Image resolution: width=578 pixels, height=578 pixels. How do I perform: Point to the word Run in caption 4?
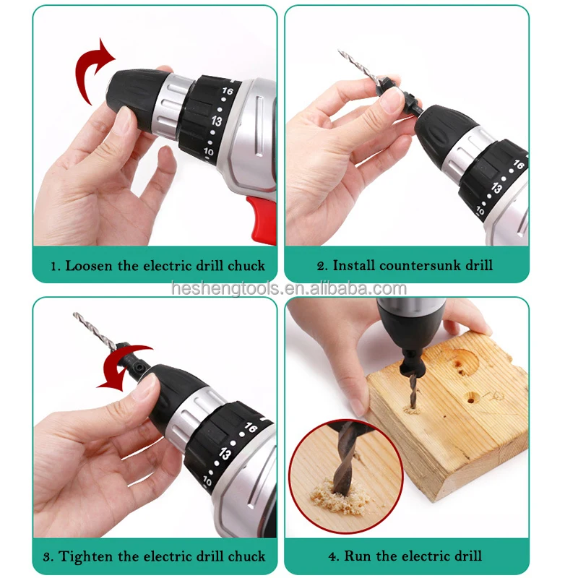[x=358, y=556]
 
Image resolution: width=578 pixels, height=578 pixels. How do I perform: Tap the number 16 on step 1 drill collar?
[x=229, y=93]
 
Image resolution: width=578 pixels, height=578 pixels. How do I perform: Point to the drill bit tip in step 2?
[x=341, y=52]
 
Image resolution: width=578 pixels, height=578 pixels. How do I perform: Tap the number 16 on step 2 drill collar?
[x=517, y=165]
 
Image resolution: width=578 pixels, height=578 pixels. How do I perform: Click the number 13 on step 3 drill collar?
[x=225, y=454]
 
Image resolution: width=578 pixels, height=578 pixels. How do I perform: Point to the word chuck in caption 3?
[x=247, y=556]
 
